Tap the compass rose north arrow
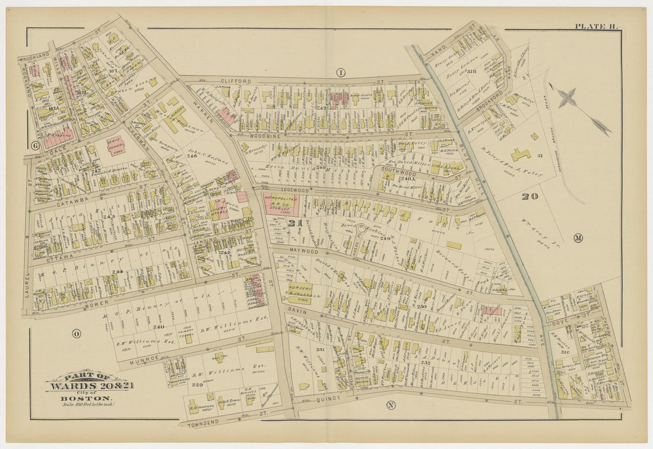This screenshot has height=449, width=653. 568,97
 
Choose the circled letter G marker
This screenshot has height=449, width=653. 34,145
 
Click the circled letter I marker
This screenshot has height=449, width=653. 341,72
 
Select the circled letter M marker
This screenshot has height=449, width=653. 578,238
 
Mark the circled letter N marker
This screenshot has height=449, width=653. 390,405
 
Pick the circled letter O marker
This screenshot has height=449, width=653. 77,333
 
